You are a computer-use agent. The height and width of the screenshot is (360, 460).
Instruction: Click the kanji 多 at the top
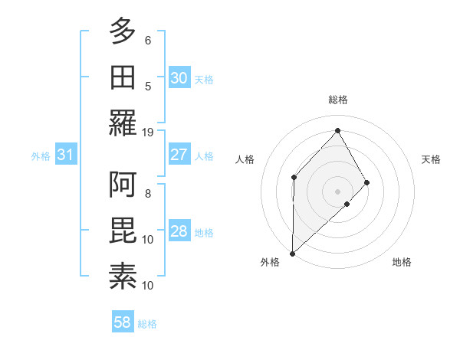coord(123,32)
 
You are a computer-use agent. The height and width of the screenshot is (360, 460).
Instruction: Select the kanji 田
coord(123,77)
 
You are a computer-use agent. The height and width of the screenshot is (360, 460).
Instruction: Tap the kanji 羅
coord(123,123)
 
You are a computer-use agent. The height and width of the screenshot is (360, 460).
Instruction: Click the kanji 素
coord(123,277)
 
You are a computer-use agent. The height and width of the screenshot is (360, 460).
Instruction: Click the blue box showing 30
coord(179,78)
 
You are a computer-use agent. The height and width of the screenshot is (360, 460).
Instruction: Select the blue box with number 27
coord(179,155)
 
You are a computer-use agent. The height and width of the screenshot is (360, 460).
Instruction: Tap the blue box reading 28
coord(179,231)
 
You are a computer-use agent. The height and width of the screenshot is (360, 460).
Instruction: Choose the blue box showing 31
coord(65,155)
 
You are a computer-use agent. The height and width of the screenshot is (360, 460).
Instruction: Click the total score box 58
coord(122,323)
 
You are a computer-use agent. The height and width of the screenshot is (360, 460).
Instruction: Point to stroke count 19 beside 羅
coord(148,132)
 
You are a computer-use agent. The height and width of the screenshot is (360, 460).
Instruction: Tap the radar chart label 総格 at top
coord(337,100)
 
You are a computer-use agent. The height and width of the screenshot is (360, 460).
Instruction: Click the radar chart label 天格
coord(432,159)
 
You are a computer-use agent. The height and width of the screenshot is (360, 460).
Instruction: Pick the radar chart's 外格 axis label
coord(270,262)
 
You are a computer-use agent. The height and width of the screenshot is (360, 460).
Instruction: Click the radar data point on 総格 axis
coord(337,129)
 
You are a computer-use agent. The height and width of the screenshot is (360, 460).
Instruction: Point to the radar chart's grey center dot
coord(337,191)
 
